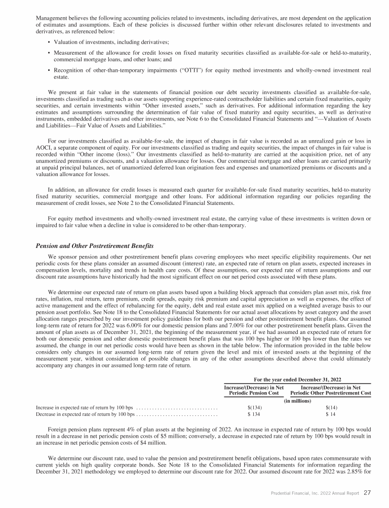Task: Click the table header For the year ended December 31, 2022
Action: coord(297,378)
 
